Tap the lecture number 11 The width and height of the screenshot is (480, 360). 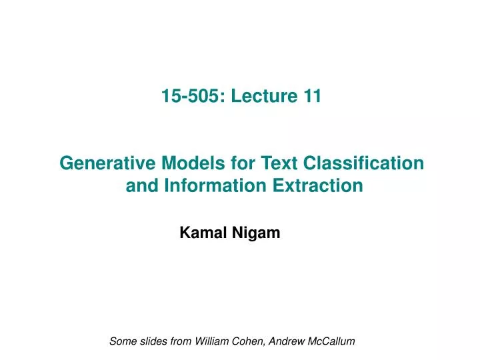(311, 97)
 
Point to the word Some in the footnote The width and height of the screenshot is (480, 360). (122, 341)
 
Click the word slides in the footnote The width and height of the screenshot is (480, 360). (153, 341)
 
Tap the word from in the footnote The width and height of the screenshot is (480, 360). (182, 341)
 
